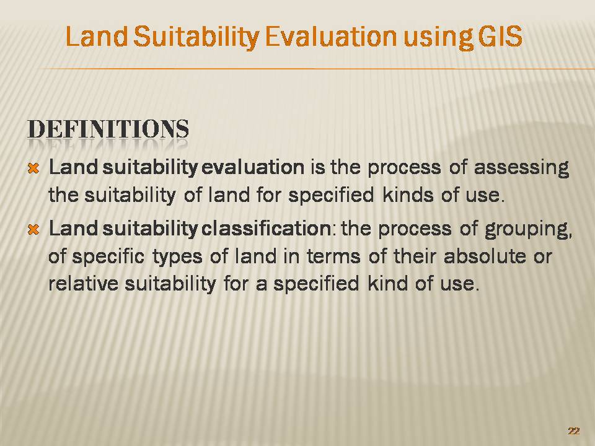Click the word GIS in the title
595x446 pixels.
click(500, 37)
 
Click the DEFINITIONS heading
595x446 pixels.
click(108, 129)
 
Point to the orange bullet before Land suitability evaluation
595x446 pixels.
click(33, 168)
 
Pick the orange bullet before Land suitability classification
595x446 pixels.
click(33, 229)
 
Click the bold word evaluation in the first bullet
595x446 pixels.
click(253, 167)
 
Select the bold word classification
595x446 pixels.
click(267, 229)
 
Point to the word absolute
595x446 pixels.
click(485, 256)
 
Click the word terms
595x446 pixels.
click(333, 256)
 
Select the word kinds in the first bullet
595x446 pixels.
click(408, 195)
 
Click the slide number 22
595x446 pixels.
click(574, 431)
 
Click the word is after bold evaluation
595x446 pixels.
click(317, 167)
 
